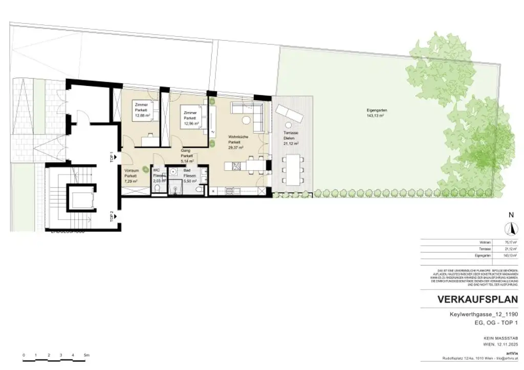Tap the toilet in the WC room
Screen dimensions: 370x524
158,190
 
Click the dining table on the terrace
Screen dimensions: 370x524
294,169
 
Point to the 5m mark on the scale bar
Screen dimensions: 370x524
86,354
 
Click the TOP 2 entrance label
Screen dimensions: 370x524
112,216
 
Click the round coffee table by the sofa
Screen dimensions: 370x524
246,120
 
